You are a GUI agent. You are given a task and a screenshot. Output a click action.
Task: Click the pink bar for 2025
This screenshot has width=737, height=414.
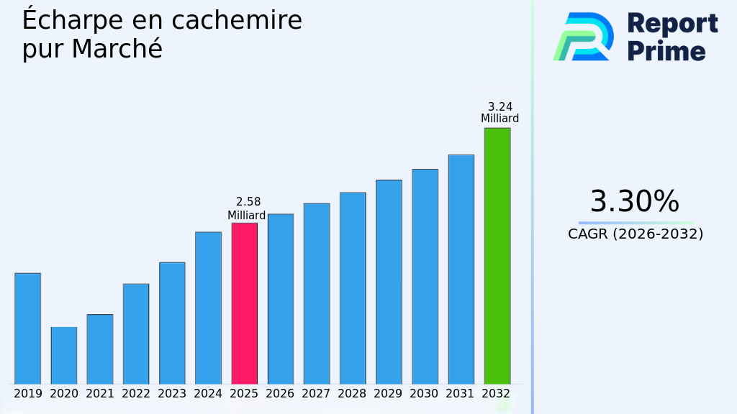click(x=244, y=303)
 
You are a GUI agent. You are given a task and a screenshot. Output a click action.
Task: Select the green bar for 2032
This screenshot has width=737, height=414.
click(x=497, y=256)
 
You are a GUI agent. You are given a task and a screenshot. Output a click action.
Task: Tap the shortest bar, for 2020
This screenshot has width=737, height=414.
click(x=64, y=356)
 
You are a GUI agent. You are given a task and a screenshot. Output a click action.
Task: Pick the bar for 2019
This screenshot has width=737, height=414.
click(x=27, y=328)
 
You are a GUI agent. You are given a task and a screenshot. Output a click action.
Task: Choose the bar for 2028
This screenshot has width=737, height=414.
click(x=353, y=288)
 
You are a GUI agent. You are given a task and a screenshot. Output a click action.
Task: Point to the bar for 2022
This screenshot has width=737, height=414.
click(x=136, y=333)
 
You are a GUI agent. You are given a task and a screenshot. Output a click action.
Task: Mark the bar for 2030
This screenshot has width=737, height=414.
click(x=425, y=277)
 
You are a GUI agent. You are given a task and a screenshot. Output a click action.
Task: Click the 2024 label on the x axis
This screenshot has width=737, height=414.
click(x=208, y=394)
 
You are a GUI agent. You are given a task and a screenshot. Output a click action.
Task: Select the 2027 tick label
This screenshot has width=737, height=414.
click(x=316, y=394)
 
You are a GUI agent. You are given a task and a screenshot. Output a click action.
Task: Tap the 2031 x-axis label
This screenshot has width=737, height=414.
click(x=461, y=394)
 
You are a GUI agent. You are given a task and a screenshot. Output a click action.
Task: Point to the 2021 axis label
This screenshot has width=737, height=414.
click(x=100, y=394)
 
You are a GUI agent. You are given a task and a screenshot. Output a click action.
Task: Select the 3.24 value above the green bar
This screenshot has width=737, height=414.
click(x=500, y=106)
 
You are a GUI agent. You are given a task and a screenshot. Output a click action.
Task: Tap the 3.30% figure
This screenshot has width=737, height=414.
click(x=634, y=202)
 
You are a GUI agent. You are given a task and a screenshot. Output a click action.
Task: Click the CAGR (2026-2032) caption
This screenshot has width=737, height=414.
click(x=636, y=234)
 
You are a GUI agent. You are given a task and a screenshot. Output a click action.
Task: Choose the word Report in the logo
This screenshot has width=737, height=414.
click(x=672, y=24)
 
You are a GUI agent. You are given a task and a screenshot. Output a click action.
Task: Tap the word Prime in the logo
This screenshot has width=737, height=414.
click(x=666, y=51)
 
